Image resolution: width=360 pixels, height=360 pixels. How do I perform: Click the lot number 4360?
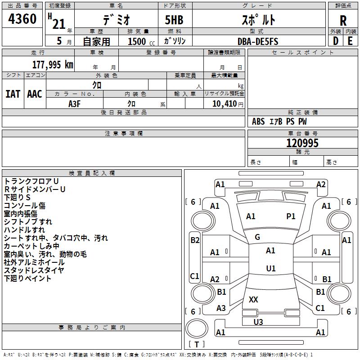[22, 19]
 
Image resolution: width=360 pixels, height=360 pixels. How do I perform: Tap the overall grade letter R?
[343, 21]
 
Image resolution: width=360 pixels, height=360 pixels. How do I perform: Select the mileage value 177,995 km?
[53, 65]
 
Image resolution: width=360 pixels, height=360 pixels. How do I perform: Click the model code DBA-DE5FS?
[258, 41]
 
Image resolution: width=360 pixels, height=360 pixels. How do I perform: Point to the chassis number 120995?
[302, 143]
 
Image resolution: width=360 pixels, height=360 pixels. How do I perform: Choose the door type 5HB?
[174, 20]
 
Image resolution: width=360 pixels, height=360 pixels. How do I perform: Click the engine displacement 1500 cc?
[141, 41]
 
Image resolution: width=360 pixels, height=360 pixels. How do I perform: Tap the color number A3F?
[74, 104]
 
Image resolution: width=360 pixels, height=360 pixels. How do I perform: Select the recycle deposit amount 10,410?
[224, 103]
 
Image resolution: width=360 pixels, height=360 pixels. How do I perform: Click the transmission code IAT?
[13, 94]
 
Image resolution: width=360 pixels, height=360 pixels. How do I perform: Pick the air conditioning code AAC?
[35, 94]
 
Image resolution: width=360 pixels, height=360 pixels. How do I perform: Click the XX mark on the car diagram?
[253, 299]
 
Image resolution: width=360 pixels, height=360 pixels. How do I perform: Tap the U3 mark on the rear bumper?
[258, 322]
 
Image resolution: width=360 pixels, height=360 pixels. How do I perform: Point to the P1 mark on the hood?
[291, 216]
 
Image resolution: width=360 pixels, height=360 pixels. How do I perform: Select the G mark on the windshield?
[257, 237]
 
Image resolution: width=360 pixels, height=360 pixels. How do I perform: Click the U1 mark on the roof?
[271, 268]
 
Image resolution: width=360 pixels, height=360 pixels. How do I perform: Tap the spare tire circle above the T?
[197, 328]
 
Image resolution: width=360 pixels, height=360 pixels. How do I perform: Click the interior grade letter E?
[350, 41]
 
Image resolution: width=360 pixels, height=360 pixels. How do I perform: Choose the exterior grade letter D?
[336, 41]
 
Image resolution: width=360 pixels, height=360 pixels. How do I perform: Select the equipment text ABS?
[258, 121]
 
